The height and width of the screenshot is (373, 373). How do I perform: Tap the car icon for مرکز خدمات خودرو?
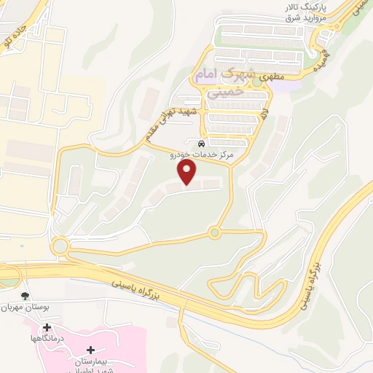(201, 143)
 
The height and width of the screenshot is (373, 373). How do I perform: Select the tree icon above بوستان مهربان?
(25, 296)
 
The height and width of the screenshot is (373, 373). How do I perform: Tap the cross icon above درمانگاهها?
(47, 327)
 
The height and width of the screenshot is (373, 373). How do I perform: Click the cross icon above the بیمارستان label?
(90, 350)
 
